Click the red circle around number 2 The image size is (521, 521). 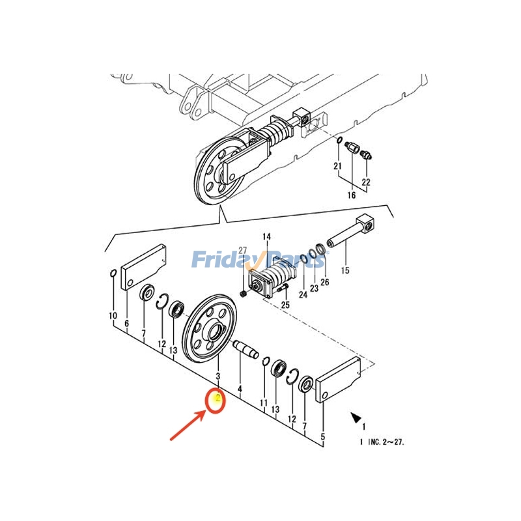click(216, 400)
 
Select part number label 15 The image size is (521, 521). click(345, 270)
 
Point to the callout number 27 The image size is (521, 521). click(243, 251)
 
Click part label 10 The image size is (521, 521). click(113, 316)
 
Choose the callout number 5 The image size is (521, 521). click(323, 436)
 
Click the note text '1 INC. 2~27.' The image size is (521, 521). click(382, 442)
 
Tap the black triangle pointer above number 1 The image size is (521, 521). click(356, 417)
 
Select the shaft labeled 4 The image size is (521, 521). click(246, 347)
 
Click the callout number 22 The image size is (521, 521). click(366, 182)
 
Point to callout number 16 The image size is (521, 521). click(352, 195)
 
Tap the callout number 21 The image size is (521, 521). click(337, 167)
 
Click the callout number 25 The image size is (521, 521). click(285, 305)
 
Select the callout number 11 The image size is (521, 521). click(264, 403)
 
